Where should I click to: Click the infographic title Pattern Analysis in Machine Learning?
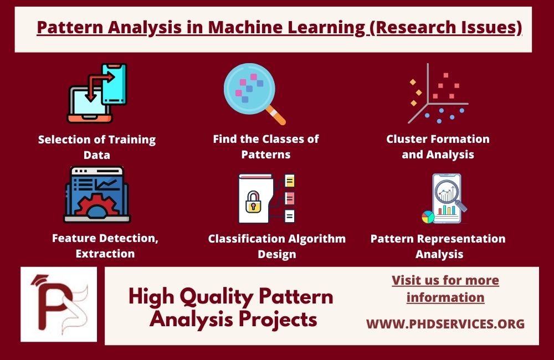(279, 28)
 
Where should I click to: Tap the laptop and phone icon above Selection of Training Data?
(97, 92)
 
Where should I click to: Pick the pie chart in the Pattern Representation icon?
(428, 217)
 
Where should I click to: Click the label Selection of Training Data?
(97, 147)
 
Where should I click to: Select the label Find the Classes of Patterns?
(266, 146)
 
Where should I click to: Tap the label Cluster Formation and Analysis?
(438, 146)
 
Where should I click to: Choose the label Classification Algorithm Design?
(277, 246)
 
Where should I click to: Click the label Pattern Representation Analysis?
(438, 246)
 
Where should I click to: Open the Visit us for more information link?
(445, 289)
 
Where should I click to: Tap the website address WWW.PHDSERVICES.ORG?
(445, 324)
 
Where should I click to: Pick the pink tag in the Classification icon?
(290, 198)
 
